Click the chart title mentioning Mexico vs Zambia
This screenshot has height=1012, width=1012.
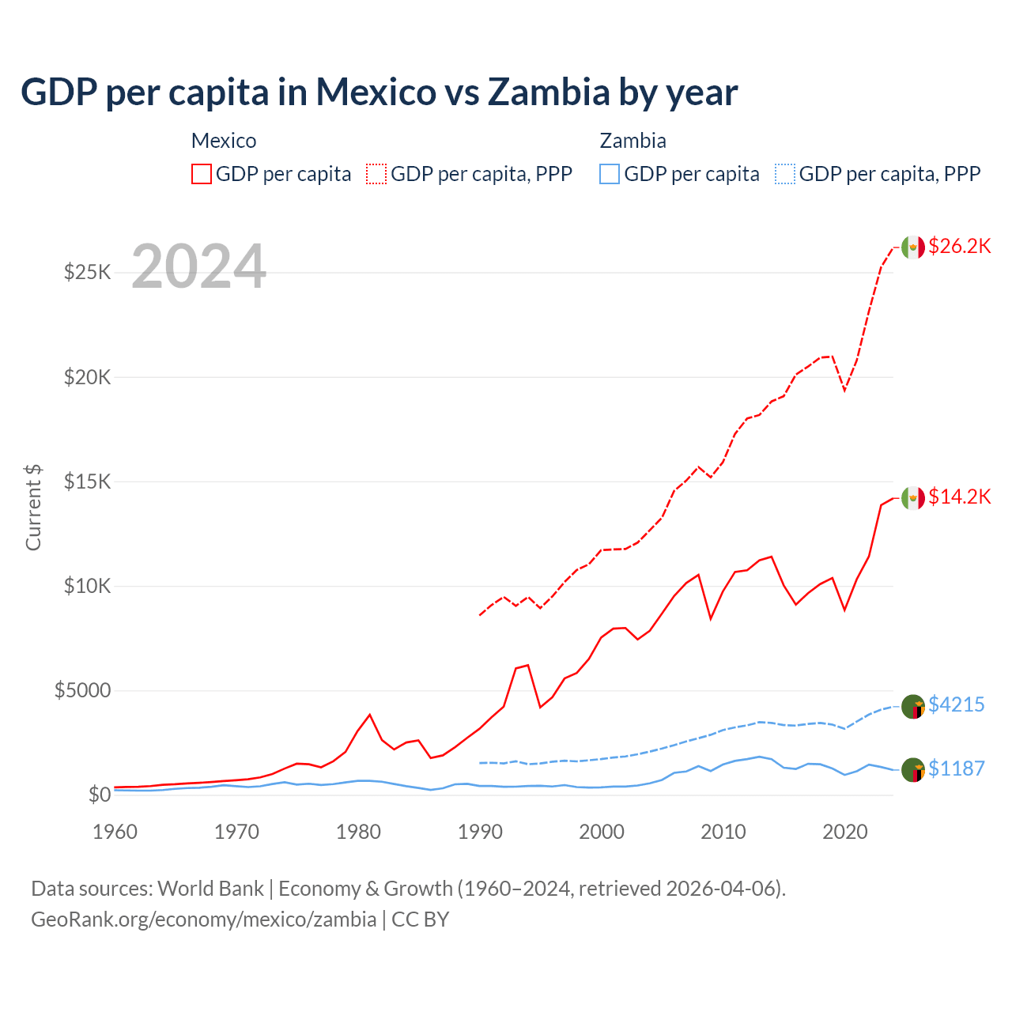[379, 92]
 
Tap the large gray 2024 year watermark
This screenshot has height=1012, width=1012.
[198, 266]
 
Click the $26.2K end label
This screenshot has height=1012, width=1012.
[959, 246]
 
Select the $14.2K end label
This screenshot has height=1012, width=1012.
[959, 497]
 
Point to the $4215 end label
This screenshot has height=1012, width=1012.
[956, 704]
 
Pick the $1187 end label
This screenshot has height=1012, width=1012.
[956, 768]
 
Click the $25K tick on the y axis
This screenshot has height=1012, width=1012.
[88, 273]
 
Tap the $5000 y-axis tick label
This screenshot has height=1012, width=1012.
[83, 690]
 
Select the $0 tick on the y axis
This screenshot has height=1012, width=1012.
[100, 795]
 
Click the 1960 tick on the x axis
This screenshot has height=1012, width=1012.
[115, 832]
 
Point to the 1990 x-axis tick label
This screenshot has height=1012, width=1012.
[480, 832]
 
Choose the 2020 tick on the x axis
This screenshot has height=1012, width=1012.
[845, 832]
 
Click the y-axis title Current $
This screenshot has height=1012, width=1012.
[33, 508]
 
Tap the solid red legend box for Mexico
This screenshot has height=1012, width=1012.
[202, 174]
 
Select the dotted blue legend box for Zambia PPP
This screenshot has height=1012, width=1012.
[785, 174]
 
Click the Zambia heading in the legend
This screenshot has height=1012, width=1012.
[632, 141]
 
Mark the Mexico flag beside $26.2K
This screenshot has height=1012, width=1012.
[913, 247]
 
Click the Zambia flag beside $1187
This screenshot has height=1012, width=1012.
[913, 769]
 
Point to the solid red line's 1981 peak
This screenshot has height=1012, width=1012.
[370, 715]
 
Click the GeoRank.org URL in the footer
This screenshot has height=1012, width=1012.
[204, 919]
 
